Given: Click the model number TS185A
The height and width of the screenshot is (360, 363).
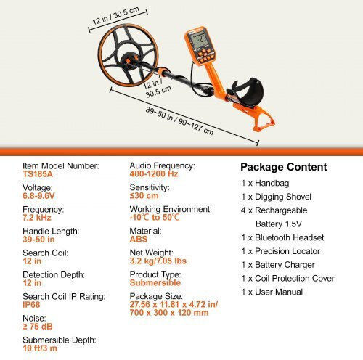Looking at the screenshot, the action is coord(38,174).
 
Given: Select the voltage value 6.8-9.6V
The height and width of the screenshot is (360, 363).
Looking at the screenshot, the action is coord(38,196).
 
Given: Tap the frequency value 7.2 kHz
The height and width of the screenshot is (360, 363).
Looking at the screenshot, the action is coord(37,218).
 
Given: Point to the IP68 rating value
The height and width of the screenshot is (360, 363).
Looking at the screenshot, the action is coord(31,305).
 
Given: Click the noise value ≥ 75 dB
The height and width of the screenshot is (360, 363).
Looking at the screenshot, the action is coord(38,327).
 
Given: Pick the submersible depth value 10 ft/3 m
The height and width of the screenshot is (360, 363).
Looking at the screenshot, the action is coord(40,348).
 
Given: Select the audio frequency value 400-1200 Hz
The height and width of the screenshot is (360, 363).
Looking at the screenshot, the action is coord(154,173).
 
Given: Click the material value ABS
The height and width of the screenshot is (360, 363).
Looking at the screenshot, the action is coord(139,239).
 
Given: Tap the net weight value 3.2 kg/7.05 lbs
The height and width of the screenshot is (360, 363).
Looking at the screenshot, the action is coord(158,261).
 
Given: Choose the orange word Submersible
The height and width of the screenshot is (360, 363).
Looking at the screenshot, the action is coord(155,282).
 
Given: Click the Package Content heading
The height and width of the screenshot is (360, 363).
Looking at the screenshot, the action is coord(284,167).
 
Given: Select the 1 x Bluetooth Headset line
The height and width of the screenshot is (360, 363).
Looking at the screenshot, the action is coord(282,237).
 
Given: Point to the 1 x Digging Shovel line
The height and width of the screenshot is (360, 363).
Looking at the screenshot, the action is coord(276,197).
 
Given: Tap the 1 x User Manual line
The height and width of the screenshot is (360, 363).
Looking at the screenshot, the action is coord(272,292).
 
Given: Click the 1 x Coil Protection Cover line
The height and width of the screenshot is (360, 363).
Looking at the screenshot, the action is coord(287,279).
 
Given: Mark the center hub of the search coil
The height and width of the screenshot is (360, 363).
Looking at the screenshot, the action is coord(129,60).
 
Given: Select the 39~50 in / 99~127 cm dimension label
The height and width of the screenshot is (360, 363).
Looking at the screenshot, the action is coord(179,120).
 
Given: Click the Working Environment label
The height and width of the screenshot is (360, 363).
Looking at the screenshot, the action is coord(171,209).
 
